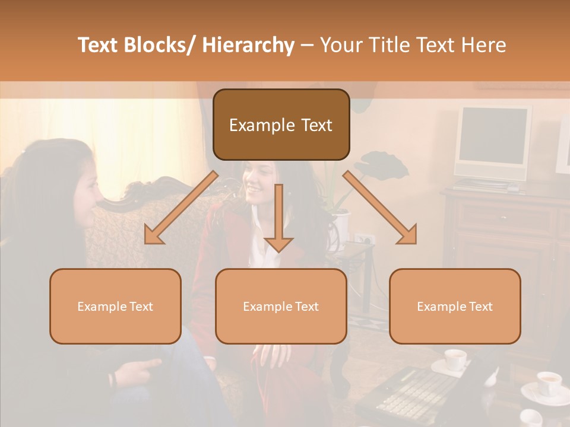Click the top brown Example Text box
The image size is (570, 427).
tap(281, 125)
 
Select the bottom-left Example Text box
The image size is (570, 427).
tap(115, 306)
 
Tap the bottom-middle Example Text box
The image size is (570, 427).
tap(281, 306)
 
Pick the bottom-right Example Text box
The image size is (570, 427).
tap(455, 306)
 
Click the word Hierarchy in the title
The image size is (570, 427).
tap(248, 45)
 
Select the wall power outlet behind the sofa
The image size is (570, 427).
tap(363, 239)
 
